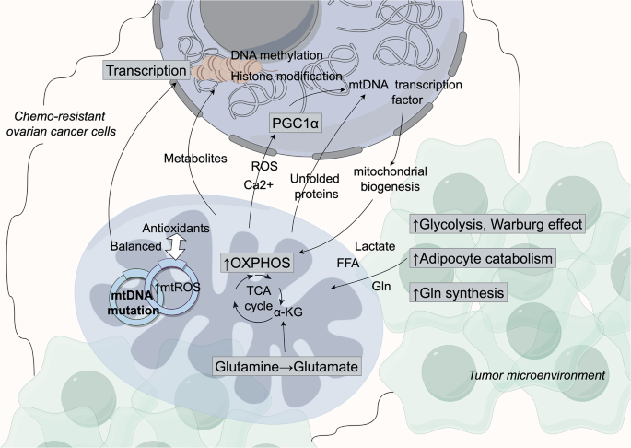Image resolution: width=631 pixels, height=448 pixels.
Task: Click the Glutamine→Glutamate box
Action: [286, 366]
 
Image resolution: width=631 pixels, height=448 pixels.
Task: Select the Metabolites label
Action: [196, 159]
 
